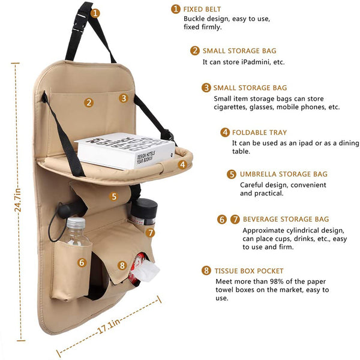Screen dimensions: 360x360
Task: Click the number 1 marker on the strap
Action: [x=95, y=13]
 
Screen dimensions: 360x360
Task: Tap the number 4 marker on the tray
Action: [x=182, y=164]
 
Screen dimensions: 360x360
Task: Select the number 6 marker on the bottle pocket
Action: [x=82, y=262]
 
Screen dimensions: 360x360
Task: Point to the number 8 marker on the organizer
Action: [x=122, y=265]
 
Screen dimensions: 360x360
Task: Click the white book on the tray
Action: [x=125, y=151]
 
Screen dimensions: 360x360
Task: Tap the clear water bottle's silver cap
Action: [x=76, y=222]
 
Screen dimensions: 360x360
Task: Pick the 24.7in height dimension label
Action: [x=17, y=200]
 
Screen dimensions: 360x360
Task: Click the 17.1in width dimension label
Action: [x=109, y=326]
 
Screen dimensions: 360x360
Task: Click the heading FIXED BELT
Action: [x=202, y=9]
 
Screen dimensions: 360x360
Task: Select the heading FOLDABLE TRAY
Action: [x=259, y=133]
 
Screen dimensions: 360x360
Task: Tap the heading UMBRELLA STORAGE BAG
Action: [x=284, y=174]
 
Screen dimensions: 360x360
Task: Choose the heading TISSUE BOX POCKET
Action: [x=249, y=271]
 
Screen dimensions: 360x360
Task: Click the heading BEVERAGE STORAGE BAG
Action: [x=286, y=219]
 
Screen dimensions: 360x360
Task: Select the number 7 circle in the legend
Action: [x=235, y=219]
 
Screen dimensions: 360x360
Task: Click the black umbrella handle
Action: [x=69, y=209]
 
